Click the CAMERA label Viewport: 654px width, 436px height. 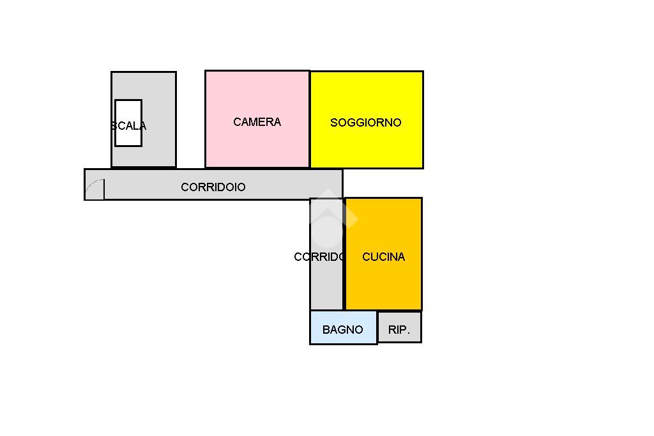(257, 122)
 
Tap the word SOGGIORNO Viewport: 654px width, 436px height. (365, 123)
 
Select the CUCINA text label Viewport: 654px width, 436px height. (383, 257)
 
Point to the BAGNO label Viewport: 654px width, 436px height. (342, 330)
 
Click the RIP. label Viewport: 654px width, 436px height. (399, 331)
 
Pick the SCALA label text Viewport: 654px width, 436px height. (128, 126)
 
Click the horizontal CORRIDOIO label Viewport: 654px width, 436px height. (213, 187)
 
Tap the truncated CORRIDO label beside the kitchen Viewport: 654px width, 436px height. (319, 257)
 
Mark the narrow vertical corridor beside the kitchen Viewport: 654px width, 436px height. (326, 288)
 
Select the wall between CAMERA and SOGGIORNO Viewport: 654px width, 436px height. (310, 120)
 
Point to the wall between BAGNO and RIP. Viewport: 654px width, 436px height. (377, 327)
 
